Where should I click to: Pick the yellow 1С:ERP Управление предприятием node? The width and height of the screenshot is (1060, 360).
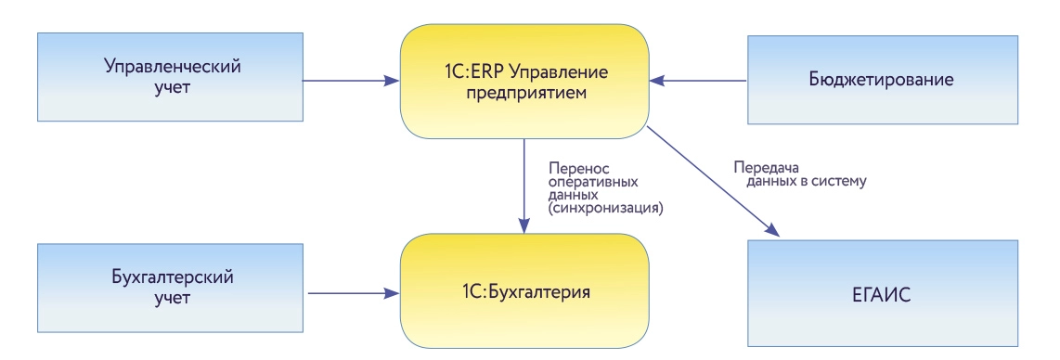tap(524, 82)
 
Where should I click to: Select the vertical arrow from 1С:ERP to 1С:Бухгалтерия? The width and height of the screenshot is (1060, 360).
tap(524, 186)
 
